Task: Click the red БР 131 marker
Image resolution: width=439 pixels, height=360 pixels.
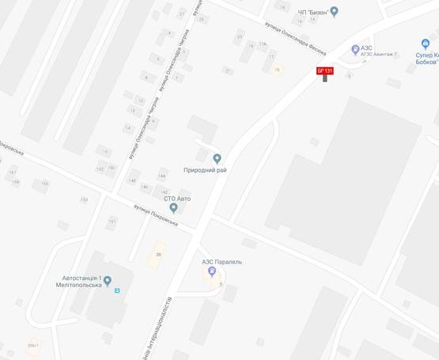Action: pyautogui.click(x=324, y=71)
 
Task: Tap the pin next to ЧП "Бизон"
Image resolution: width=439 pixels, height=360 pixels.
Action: pyautogui.click(x=334, y=11)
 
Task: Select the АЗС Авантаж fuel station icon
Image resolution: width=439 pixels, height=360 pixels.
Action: pyautogui.click(x=355, y=48)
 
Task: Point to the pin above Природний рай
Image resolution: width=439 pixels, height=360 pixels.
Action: pyautogui.click(x=217, y=158)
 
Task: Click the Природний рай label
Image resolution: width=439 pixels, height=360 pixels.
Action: pyautogui.click(x=205, y=170)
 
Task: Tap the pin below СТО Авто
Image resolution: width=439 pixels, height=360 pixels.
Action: pyautogui.click(x=173, y=208)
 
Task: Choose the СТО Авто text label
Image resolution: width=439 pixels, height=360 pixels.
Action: pyautogui.click(x=173, y=198)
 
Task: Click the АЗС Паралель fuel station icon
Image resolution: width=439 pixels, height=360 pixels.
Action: pyautogui.click(x=211, y=272)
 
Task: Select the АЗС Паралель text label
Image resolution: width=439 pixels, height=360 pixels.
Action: pyautogui.click(x=221, y=261)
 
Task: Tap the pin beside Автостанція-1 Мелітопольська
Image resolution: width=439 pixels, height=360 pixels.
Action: pyautogui.click(x=108, y=280)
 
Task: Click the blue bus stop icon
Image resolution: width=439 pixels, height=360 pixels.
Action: pyautogui.click(x=118, y=290)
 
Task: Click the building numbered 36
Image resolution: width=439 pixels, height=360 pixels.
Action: pyautogui.click(x=158, y=254)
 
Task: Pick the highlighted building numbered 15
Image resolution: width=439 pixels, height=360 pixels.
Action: pyautogui.click(x=277, y=70)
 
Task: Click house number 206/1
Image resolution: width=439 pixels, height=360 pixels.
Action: pyautogui.click(x=32, y=345)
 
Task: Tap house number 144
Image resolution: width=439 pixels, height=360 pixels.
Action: pyautogui.click(x=161, y=176)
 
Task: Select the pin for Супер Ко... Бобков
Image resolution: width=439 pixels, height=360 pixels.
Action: pyautogui.click(x=425, y=45)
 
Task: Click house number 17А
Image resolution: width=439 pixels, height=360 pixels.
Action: pyautogui.click(x=262, y=44)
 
